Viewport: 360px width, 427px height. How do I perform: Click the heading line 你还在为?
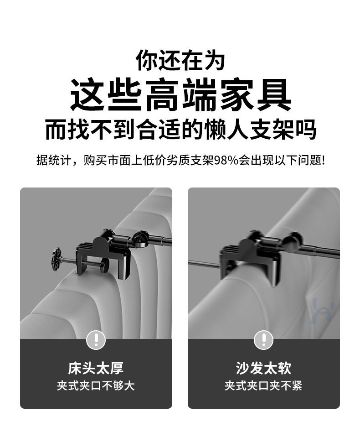pos(180,60)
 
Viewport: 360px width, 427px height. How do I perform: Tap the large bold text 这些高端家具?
pos(180,94)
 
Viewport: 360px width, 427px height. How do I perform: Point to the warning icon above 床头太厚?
pos(96,339)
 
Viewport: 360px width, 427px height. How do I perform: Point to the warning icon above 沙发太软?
pos(263,339)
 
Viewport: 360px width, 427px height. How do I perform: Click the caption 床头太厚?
pos(96,368)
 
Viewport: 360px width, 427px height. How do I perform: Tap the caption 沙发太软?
pos(263,368)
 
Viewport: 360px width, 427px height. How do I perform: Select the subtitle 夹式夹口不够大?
pos(96,385)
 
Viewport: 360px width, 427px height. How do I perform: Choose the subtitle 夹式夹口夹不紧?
pos(263,385)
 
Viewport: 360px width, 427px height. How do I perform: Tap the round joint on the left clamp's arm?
pos(140,239)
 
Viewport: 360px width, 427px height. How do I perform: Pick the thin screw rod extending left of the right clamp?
pos(204,263)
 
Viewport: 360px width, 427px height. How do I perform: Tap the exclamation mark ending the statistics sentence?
pos(323,161)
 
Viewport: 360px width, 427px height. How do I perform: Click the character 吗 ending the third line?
pos(306,130)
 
